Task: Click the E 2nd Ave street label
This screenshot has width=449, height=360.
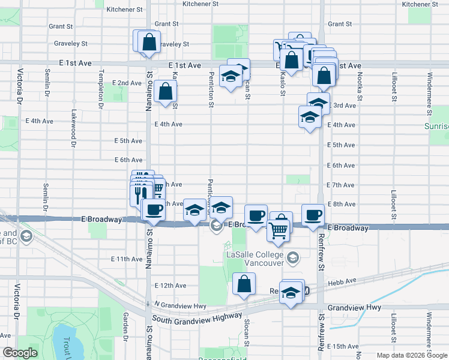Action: pos(127,83)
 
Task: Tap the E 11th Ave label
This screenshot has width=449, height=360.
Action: pos(127,259)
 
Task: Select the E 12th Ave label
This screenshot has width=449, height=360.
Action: pos(170,286)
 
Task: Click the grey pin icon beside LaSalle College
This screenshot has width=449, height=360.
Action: pos(293,259)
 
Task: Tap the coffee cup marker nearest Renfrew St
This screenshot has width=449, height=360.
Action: pos(312,215)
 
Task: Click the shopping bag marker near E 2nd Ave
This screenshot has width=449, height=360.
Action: pos(165,92)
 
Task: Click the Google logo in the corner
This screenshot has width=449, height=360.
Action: pos(20,353)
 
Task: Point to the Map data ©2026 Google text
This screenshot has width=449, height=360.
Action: pos(412,355)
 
